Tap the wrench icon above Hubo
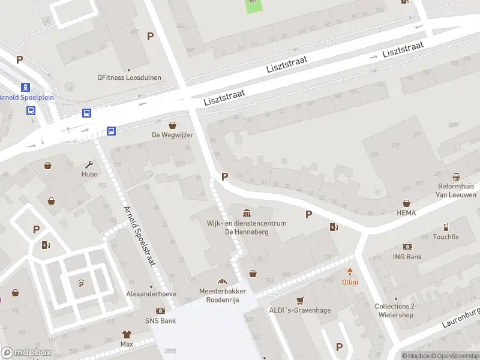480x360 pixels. pos(89,164)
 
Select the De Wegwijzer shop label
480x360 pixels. pos(173,135)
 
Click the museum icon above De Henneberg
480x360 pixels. pos(247,212)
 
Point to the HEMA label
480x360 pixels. pos(406,212)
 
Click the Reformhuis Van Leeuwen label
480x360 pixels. pos(457,190)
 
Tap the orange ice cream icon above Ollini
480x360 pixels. pos(350,272)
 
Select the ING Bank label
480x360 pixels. pos(407,257)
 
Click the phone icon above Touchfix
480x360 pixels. pos(446,227)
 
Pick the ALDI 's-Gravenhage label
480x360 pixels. pos(300,310)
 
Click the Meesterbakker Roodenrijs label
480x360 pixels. pos(223,295)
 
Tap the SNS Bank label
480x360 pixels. pos(160,321)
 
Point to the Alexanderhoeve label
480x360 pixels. pos(151,294)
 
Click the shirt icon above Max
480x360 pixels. pos(127,334)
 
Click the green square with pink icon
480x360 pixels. pos(253,5)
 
